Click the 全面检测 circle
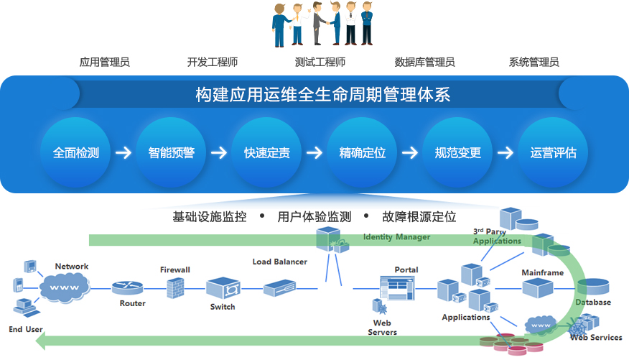(x=76, y=153)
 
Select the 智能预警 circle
(x=172, y=153)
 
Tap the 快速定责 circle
(x=267, y=153)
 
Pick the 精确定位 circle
(x=363, y=153)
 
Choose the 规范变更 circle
(x=458, y=153)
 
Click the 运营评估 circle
(x=554, y=153)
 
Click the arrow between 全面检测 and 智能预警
(x=124, y=153)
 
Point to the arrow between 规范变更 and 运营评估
(x=505, y=153)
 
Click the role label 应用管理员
(x=105, y=63)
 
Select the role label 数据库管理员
(x=425, y=63)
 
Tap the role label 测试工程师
(x=320, y=63)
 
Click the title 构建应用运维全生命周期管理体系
(x=323, y=94)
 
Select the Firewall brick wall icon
(x=175, y=288)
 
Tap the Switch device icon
(x=223, y=289)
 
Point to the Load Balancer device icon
(x=279, y=288)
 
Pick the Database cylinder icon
(x=593, y=287)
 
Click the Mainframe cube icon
(x=538, y=288)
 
